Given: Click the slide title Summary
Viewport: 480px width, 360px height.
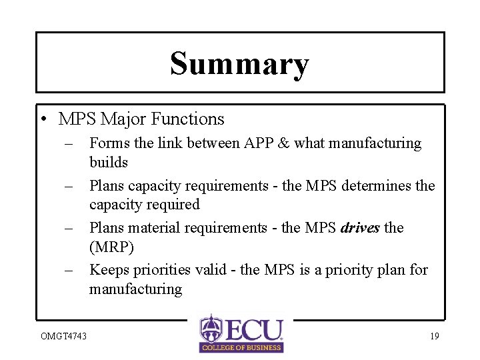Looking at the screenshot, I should click(x=239, y=64).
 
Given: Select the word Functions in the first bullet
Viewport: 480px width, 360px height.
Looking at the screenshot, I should click(x=188, y=119).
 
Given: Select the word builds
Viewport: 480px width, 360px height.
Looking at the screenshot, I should click(x=108, y=163).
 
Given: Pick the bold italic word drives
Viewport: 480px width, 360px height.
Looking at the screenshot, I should click(x=360, y=228).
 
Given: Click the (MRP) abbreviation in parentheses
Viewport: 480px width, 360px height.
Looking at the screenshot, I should click(x=111, y=247).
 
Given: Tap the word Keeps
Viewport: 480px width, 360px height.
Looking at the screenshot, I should click(x=108, y=270).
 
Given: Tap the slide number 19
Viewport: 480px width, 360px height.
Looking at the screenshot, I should click(x=434, y=336).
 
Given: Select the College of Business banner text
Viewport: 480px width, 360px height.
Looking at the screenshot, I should click(x=241, y=347).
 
